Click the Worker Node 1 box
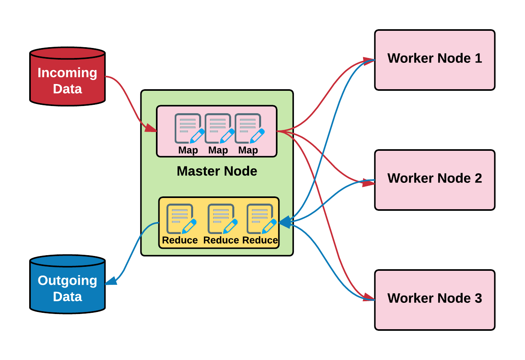tap(435, 60)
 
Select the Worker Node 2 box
tap(435, 180)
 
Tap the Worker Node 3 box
tap(435, 300)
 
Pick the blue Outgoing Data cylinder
tap(68, 284)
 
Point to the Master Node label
tap(217, 171)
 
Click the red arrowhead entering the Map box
tap(151, 128)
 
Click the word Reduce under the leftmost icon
tap(180, 240)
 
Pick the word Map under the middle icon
tap(218, 150)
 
